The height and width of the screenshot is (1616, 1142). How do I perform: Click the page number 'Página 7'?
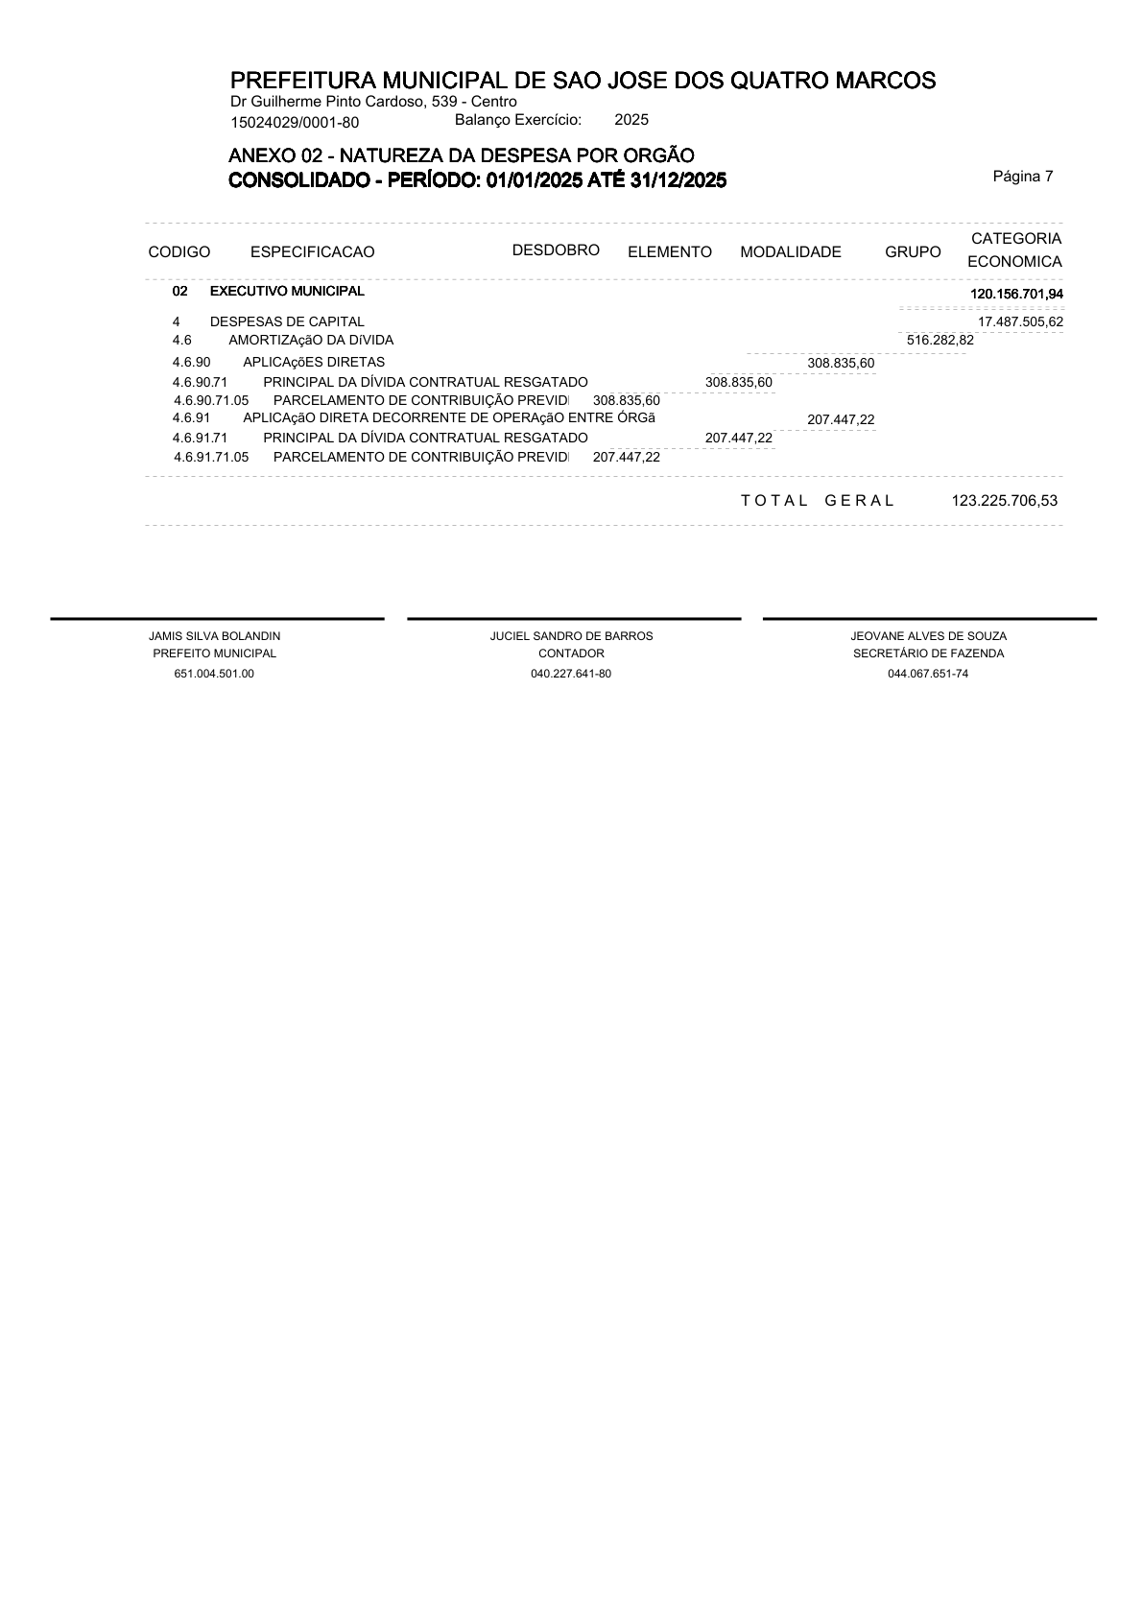point(1023,176)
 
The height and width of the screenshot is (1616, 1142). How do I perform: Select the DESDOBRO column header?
point(556,250)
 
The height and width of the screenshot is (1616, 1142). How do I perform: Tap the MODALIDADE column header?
point(790,252)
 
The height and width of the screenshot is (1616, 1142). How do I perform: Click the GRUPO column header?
point(913,252)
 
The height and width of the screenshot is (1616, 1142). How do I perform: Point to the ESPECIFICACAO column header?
point(312,252)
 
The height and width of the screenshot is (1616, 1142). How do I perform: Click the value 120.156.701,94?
point(1016,294)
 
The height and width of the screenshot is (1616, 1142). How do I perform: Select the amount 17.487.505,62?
point(1019,321)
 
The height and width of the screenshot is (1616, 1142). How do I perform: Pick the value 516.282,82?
point(940,340)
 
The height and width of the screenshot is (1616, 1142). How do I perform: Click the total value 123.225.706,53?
point(1004,500)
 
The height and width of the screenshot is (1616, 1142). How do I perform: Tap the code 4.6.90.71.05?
point(211,400)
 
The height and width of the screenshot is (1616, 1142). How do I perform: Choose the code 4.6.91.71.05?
point(211,457)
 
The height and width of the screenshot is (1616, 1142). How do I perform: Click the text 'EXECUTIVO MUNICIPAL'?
point(287,291)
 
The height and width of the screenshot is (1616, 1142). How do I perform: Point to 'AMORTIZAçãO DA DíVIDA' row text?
point(311,340)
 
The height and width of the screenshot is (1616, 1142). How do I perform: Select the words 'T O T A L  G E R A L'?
point(818,500)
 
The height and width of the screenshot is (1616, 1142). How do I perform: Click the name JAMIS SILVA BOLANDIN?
point(215,636)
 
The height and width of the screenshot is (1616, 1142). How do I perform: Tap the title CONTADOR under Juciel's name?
point(571,654)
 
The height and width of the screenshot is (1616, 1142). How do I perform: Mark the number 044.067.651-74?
point(928,674)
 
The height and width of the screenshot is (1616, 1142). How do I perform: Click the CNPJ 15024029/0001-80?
point(295,122)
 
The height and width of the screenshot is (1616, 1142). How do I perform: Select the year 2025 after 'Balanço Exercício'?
point(631,120)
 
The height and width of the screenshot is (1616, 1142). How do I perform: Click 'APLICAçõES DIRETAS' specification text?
point(314,362)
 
